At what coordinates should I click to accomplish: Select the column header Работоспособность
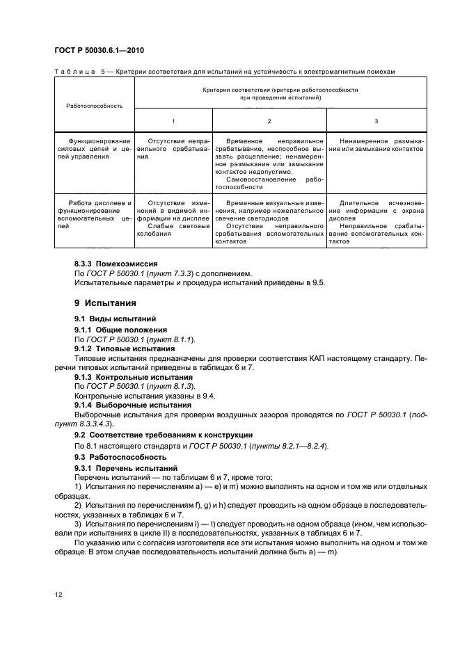click(x=94, y=106)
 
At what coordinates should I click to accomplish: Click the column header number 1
click(x=173, y=121)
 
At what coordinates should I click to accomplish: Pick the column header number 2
click(x=269, y=121)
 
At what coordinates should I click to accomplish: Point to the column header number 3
click(x=376, y=121)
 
